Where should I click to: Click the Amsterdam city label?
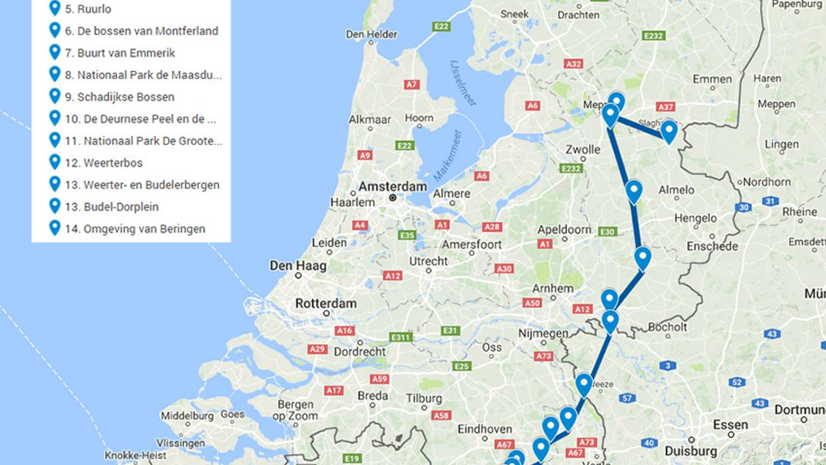click(x=392, y=187)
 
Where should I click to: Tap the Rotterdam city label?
click(x=326, y=303)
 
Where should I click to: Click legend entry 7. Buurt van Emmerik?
click(x=119, y=53)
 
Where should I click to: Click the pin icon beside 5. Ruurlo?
click(x=55, y=9)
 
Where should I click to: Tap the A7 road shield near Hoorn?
click(x=412, y=85)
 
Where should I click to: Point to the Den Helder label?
click(x=372, y=34)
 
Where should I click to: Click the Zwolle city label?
click(x=583, y=150)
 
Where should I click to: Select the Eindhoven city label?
click(x=485, y=429)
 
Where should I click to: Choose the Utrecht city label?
click(x=428, y=261)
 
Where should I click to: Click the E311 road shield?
click(x=401, y=337)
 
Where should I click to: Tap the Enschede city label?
click(x=712, y=246)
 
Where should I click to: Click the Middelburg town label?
click(x=187, y=415)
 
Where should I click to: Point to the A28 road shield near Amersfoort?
click(x=492, y=227)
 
